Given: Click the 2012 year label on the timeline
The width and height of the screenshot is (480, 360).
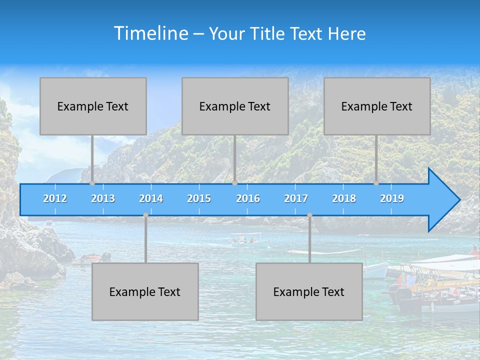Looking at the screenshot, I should [x=55, y=198].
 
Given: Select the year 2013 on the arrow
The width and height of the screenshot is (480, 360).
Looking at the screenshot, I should [x=103, y=198].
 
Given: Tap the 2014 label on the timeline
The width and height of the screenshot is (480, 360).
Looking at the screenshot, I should [x=151, y=198].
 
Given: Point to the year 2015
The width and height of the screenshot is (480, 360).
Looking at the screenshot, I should [x=199, y=198].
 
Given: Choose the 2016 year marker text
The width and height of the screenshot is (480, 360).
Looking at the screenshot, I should [x=248, y=198].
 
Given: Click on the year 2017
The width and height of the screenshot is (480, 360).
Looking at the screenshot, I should [x=296, y=198].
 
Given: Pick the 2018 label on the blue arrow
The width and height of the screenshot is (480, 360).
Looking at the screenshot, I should [x=344, y=198].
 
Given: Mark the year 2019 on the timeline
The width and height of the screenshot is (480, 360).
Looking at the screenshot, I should [x=392, y=198].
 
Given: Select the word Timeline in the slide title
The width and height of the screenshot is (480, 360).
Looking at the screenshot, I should [x=150, y=33].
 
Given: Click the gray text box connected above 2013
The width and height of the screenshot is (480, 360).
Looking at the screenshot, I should [x=93, y=106].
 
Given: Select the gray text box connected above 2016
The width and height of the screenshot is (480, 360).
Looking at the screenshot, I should [x=235, y=106].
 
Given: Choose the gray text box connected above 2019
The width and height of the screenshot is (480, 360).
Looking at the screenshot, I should [x=377, y=106].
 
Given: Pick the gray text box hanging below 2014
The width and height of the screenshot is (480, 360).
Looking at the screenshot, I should [x=145, y=291].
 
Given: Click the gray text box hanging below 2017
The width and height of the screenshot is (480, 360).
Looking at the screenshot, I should [x=309, y=291].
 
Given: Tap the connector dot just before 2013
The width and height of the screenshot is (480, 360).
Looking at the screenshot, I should [x=92, y=183].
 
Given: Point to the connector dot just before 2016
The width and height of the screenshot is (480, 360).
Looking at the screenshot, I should [x=235, y=183].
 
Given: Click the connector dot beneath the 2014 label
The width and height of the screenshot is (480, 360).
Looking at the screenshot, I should [x=145, y=215].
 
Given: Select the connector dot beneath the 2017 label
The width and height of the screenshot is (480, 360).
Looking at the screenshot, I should [x=309, y=215].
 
